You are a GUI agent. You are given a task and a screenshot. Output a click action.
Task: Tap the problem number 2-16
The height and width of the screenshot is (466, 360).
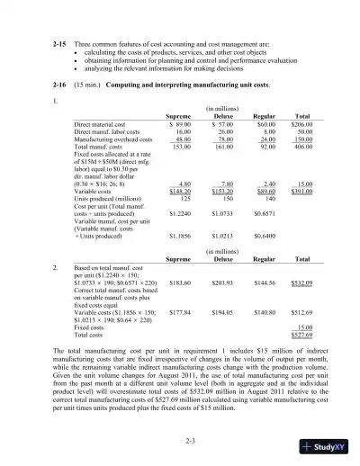37,81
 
